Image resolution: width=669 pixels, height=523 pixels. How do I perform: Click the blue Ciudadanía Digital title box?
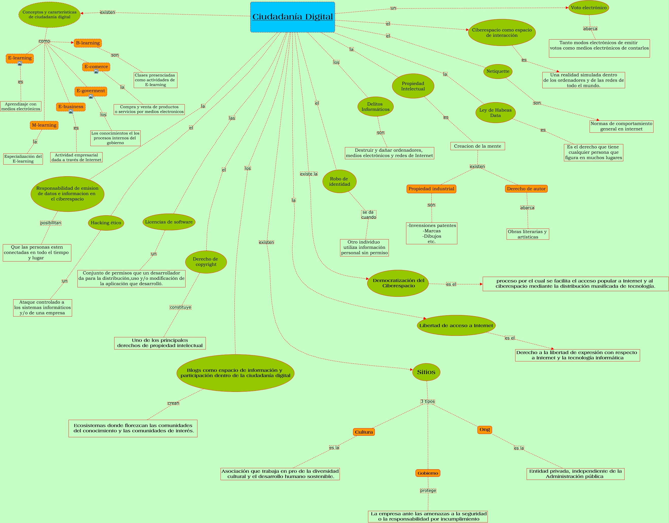pos(293,17)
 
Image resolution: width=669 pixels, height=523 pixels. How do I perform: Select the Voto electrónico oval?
pos(589,8)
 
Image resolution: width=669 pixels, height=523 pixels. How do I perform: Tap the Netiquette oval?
pos(498,71)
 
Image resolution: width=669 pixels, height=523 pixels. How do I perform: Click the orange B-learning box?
pos(88,43)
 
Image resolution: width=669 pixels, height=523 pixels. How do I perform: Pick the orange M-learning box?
pos(44,125)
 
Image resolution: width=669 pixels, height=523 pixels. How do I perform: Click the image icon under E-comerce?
pos(96,71)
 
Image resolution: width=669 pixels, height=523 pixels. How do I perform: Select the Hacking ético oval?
pos(106,223)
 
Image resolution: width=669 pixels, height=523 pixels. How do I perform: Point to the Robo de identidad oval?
pos(339,181)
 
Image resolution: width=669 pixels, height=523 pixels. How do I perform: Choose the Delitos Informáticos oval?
pos(375,107)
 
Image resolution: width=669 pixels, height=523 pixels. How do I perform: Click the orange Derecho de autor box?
pos(526,189)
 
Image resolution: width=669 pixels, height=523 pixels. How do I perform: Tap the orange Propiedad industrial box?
pos(431,189)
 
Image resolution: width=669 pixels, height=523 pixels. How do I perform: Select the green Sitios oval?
pos(426,372)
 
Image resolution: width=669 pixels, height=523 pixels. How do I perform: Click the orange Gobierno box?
pos(428,473)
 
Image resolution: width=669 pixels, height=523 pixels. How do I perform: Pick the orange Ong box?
pos(484,430)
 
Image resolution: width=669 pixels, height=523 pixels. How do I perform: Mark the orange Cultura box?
pos(364,432)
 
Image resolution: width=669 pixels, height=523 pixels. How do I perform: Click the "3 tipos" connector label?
pos(428,402)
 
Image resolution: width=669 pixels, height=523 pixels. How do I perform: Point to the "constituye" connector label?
pos(180,307)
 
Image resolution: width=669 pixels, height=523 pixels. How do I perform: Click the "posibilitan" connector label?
pos(51,223)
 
